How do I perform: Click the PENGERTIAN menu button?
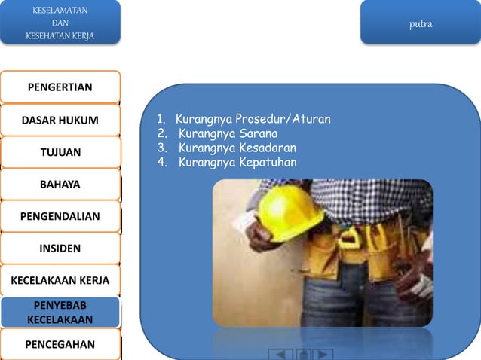(60, 87)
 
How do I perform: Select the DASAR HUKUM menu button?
(60, 120)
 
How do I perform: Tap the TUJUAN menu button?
(60, 152)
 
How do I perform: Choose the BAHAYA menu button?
(60, 184)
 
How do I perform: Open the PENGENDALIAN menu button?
(60, 216)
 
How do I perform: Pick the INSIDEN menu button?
(60, 248)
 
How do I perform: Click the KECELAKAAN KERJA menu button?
(60, 280)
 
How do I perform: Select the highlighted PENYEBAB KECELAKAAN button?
(60, 313)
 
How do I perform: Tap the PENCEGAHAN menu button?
(60, 345)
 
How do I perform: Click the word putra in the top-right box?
(421, 24)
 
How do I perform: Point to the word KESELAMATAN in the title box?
(60, 11)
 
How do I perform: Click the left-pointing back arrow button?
(280, 354)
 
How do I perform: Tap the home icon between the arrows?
(302, 354)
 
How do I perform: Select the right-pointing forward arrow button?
(323, 354)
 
